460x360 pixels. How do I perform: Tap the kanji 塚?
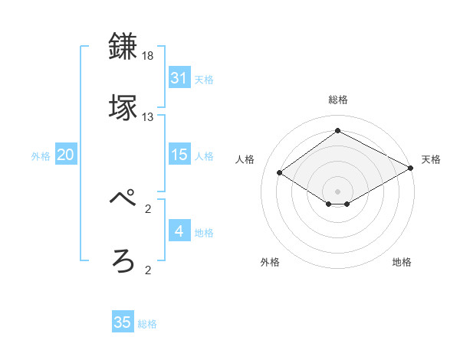tap(123, 107)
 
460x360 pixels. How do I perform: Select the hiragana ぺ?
tap(123, 200)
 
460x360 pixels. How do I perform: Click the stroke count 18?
tap(148, 57)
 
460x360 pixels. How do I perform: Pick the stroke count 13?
tap(148, 117)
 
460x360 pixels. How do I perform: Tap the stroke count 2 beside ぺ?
tap(148, 208)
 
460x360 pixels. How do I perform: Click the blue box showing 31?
tap(179, 78)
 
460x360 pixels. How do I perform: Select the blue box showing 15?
tap(179, 155)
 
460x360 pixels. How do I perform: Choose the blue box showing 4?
tap(179, 231)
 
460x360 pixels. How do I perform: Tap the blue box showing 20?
tap(65, 155)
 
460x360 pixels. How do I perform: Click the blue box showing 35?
tap(122, 322)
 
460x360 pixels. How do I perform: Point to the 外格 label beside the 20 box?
tap(41, 155)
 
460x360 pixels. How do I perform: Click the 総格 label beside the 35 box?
tap(147, 324)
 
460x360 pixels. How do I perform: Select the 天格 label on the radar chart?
tap(431, 159)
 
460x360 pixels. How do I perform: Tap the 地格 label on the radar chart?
tap(402, 262)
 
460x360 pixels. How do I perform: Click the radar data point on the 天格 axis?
tap(411, 169)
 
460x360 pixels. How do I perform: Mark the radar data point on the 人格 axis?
tap(280, 173)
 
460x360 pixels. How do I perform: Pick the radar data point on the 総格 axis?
tap(337, 131)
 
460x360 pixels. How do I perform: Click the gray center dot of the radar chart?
tap(337, 191)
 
